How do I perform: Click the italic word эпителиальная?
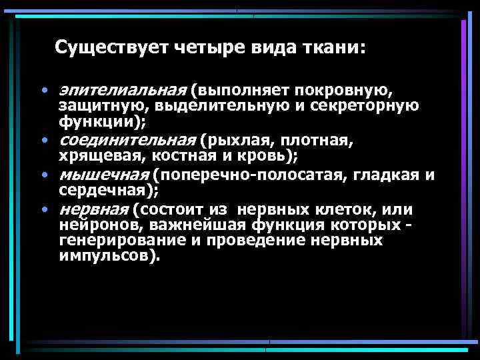[x=121, y=89]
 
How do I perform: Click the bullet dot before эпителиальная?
[x=43, y=90]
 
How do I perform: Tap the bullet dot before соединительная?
[x=43, y=141]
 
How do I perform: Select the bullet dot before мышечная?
[x=43, y=175]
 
